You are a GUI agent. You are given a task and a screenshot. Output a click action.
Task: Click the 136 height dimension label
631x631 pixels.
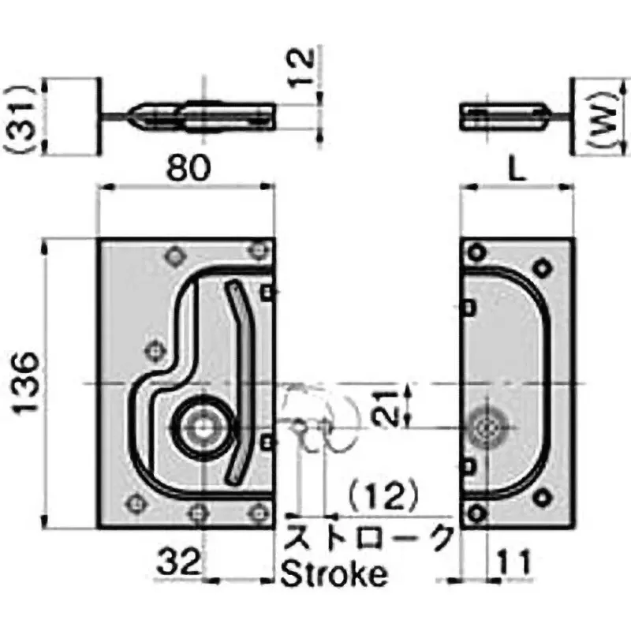click(x=27, y=384)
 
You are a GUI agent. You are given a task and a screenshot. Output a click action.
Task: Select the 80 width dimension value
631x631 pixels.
click(x=188, y=168)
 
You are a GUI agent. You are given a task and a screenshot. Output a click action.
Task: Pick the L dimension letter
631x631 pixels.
click(x=517, y=169)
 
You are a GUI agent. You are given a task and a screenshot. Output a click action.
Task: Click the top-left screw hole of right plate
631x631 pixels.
click(x=476, y=253)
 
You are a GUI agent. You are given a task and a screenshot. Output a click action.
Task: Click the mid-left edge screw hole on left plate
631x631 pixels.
click(x=155, y=349)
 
